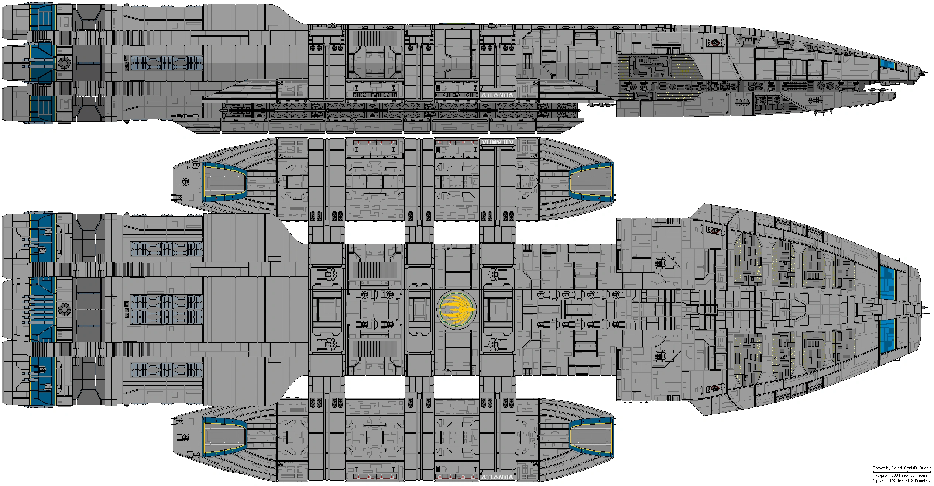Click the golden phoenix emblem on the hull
tap(457, 309)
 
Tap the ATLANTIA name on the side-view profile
tap(497, 95)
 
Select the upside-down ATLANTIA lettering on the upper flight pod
tap(497, 142)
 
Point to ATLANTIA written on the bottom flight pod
tap(497, 477)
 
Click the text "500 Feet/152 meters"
tap(909, 475)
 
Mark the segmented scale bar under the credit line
tap(902, 472)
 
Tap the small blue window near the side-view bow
tap(887, 64)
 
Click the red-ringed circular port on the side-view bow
tap(715, 43)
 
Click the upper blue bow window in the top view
tap(888, 283)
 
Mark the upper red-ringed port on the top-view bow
tap(715, 231)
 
